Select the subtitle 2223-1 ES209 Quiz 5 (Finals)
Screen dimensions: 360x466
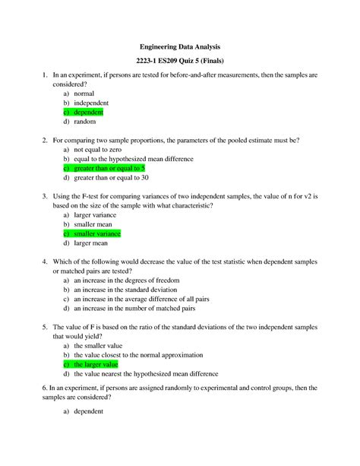click(x=180, y=62)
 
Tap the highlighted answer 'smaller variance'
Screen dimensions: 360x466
click(x=101, y=233)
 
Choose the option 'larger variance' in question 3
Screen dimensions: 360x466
click(x=98, y=215)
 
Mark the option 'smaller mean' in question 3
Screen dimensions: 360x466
click(x=95, y=224)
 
